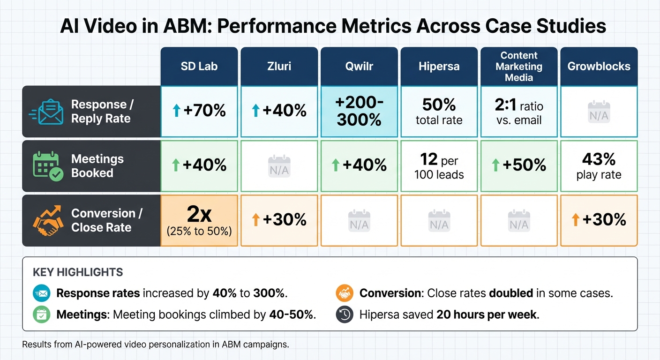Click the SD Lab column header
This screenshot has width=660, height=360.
tap(199, 66)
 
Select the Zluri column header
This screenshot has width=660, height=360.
tap(279, 66)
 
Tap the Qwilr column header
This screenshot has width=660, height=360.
tap(359, 66)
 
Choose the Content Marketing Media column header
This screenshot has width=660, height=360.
tap(519, 66)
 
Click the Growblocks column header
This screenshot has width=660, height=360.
tap(599, 66)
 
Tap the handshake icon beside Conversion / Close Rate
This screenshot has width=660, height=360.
tap(48, 220)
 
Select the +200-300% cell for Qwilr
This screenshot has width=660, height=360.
tap(359, 112)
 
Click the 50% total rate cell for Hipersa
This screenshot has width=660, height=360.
tap(439, 112)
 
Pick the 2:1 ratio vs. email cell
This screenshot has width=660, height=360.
tap(519, 112)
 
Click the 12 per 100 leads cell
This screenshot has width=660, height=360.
tap(439, 166)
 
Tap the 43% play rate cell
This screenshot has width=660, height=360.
tap(599, 166)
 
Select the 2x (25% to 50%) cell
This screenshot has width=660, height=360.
tap(199, 220)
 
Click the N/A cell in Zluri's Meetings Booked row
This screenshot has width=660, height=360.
tap(279, 166)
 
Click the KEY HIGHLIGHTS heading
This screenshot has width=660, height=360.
tap(78, 272)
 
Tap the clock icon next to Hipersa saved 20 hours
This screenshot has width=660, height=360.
tap(345, 315)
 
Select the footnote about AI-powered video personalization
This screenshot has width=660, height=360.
tap(156, 345)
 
